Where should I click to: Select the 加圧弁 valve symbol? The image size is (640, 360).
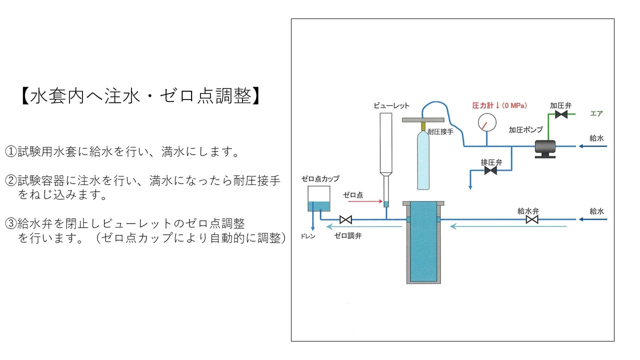[561, 115]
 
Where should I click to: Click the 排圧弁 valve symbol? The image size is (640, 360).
[490, 171]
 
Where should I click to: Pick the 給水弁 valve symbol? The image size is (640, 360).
[532, 219]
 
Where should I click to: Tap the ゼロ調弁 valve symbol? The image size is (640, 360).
[345, 219]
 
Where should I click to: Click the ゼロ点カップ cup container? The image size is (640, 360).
[318, 198]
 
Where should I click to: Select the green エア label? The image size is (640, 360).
[596, 113]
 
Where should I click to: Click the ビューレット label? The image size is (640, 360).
[391, 105]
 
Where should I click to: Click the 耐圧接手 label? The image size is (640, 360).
[440, 132]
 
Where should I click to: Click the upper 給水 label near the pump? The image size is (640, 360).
[597, 138]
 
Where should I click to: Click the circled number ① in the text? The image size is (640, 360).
[11, 151]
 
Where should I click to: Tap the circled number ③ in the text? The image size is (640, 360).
[11, 223]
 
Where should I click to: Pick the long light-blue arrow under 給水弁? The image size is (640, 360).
[508, 226]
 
